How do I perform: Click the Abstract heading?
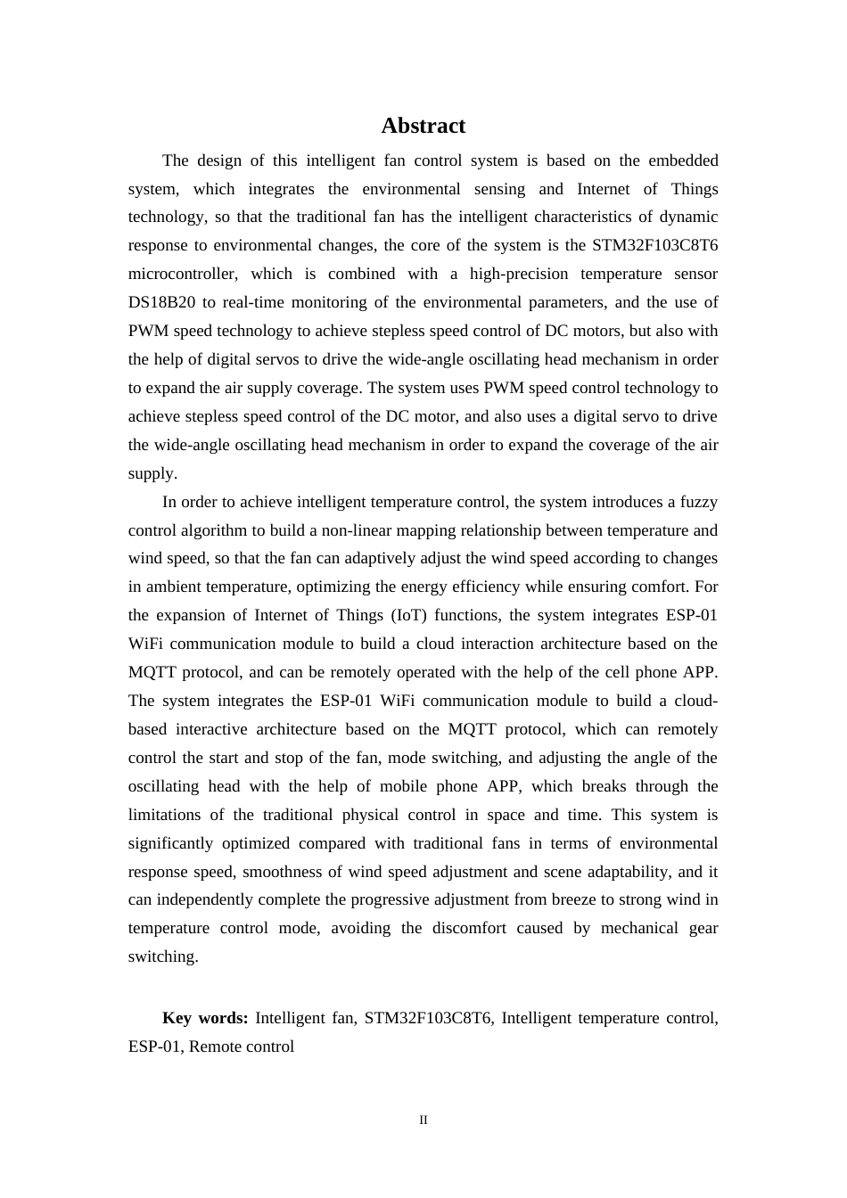pos(423,126)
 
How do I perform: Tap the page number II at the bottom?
pos(423,1120)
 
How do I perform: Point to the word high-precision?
pos(519,274)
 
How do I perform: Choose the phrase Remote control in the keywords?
pos(242,1046)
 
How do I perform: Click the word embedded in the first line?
pos(683,160)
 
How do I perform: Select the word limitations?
pos(164,815)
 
